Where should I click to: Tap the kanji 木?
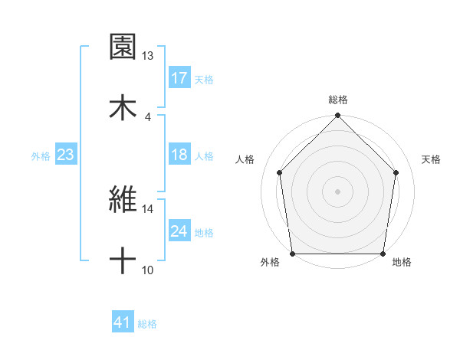123,106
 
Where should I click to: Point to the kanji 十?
123,260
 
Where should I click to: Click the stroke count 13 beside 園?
148,56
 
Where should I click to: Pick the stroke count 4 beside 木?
148,117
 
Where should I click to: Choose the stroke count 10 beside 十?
148,270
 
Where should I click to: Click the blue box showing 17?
179,78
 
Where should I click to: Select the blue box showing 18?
179,155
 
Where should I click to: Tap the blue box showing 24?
179,231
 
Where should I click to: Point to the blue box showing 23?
66,155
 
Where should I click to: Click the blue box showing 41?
123,323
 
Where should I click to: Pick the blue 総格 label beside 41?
148,324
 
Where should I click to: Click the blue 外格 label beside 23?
41,155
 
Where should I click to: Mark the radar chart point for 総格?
337,116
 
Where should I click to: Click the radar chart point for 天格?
396,172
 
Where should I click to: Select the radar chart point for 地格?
383,254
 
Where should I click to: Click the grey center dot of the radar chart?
337,191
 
